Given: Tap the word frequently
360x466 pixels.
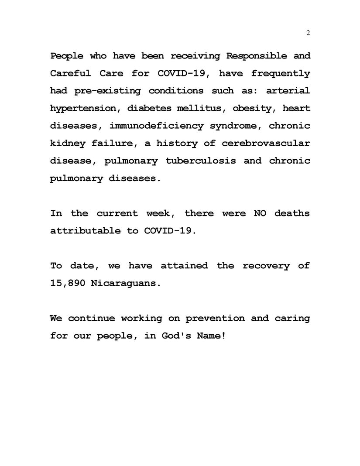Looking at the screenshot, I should [x=281, y=74].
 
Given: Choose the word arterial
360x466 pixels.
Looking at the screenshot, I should [x=288, y=91].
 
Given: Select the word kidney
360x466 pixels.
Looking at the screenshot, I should [x=68, y=144].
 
